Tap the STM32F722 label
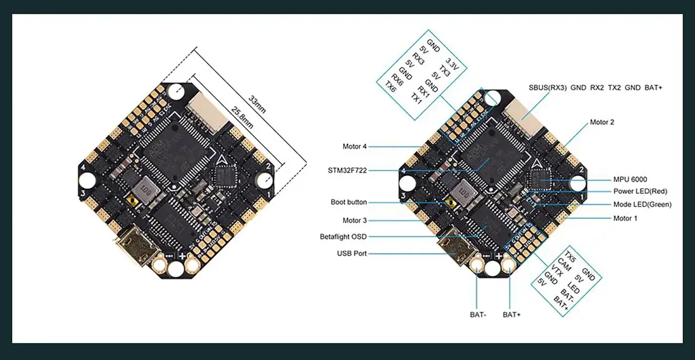coord(347,170)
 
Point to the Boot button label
coord(349,202)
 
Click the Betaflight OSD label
coord(343,237)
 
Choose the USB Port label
coord(352,253)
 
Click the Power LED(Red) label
coord(640,192)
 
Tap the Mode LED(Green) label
coord(642,204)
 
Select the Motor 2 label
coord(602,122)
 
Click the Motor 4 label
coord(355,146)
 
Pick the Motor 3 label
coord(355,221)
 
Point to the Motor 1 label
coord(625,218)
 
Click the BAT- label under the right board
coord(478,315)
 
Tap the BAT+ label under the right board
coord(511,315)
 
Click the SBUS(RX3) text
coord(548,88)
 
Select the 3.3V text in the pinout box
coord(452,63)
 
